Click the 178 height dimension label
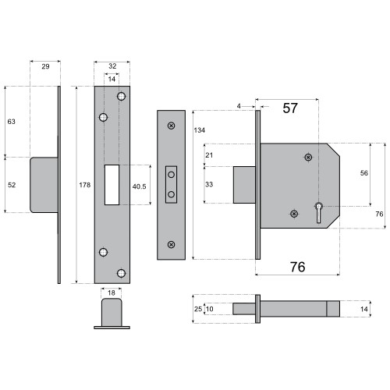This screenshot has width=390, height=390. pos(84,184)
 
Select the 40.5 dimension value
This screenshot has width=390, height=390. pos(140,186)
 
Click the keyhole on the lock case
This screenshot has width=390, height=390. pos(319,207)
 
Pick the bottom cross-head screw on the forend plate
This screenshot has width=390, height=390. pos(172,245)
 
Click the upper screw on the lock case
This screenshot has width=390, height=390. pos(308,158)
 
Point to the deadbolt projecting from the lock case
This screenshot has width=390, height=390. pos(245,186)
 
